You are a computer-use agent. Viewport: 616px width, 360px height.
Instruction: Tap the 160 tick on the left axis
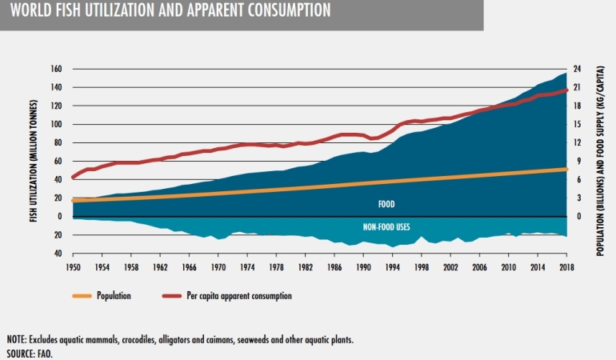point(56,70)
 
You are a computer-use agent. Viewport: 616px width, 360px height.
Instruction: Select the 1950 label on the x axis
point(72,266)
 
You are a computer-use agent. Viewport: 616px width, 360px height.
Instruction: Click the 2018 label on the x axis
point(566,266)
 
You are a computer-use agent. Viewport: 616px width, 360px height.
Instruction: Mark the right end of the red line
point(567,90)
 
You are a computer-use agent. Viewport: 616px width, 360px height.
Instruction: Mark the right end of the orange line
point(567,169)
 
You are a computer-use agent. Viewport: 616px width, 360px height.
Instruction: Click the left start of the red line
point(73,177)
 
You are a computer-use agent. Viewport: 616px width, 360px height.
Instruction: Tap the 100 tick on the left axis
point(56,125)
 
